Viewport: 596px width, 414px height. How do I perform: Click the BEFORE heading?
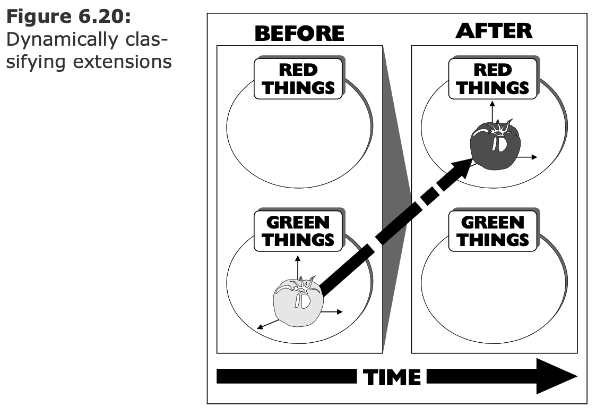click(299, 33)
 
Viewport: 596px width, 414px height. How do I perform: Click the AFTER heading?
click(493, 31)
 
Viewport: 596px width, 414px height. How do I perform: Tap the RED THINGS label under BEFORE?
click(299, 79)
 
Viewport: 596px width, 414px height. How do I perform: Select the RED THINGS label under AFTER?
click(493, 79)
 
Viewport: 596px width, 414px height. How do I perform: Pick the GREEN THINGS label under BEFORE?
click(299, 231)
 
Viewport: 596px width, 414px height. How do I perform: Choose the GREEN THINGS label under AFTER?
click(493, 231)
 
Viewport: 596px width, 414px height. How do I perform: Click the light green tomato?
click(298, 302)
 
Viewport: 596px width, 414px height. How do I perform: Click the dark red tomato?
click(495, 144)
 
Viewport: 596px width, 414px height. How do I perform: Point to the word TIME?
click(392, 377)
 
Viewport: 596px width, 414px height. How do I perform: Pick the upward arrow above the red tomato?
click(492, 108)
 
